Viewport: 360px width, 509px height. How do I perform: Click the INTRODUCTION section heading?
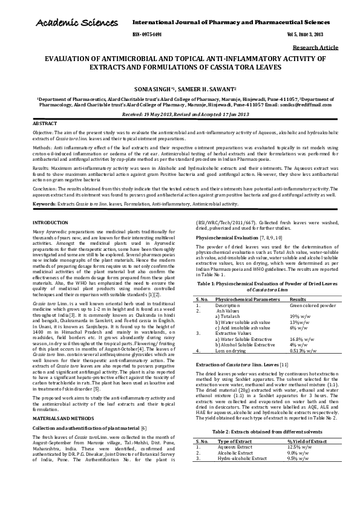pyautogui.click(x=50, y=207)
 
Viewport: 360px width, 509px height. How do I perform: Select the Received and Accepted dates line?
pyautogui.click(x=179, y=113)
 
